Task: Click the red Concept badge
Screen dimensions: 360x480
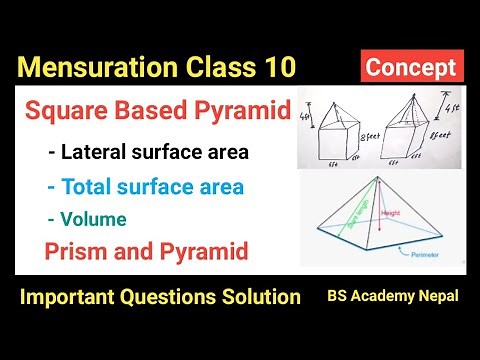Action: pos(411,68)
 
